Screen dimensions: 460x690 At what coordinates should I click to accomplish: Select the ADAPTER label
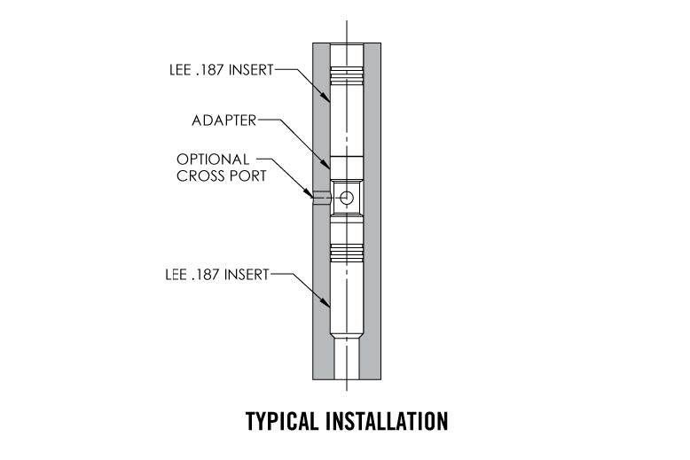pos(223,120)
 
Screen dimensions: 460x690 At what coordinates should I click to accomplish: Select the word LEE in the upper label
pos(180,70)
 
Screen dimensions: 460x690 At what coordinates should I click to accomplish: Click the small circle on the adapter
pos(346,197)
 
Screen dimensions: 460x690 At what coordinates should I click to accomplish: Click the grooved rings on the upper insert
pos(346,74)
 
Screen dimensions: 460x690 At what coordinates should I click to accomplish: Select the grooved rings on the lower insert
pos(346,255)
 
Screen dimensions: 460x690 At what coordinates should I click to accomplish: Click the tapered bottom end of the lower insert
pos(346,337)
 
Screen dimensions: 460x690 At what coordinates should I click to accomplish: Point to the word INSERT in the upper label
pos(252,70)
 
